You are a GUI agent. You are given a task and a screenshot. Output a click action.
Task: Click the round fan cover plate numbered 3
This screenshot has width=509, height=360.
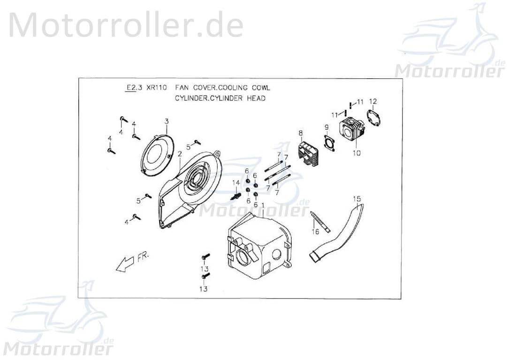158,155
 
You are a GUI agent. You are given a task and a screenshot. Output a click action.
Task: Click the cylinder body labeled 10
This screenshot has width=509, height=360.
353,129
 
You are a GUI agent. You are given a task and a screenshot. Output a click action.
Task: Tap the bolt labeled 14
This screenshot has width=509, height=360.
236,195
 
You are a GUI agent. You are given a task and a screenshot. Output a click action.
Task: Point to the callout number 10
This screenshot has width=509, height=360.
357,153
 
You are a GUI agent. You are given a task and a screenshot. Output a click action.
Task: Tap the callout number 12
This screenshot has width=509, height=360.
373,101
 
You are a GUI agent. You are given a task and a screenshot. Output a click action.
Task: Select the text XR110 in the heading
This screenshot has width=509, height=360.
155,88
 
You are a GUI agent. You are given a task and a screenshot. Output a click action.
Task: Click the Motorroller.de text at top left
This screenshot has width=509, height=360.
126,25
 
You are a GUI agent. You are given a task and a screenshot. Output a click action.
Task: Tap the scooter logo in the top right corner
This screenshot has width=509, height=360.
450,40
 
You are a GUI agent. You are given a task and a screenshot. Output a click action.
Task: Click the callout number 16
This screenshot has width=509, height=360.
315,232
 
